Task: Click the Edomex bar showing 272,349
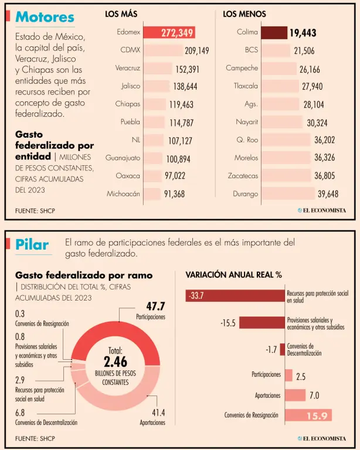[x=169, y=33]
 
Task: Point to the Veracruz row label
[x=128, y=69]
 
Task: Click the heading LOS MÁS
[x=121, y=13]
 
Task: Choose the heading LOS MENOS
[x=244, y=13]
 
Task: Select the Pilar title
[x=32, y=244]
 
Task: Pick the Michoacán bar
[x=152, y=194]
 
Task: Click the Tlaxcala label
[x=246, y=86]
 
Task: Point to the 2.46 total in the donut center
[x=115, y=361]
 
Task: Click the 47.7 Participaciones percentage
[x=155, y=306]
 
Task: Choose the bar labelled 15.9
[x=308, y=415]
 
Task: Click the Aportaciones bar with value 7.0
[x=295, y=396]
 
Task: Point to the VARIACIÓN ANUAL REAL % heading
[x=233, y=274]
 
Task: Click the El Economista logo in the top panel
[x=321, y=210]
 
